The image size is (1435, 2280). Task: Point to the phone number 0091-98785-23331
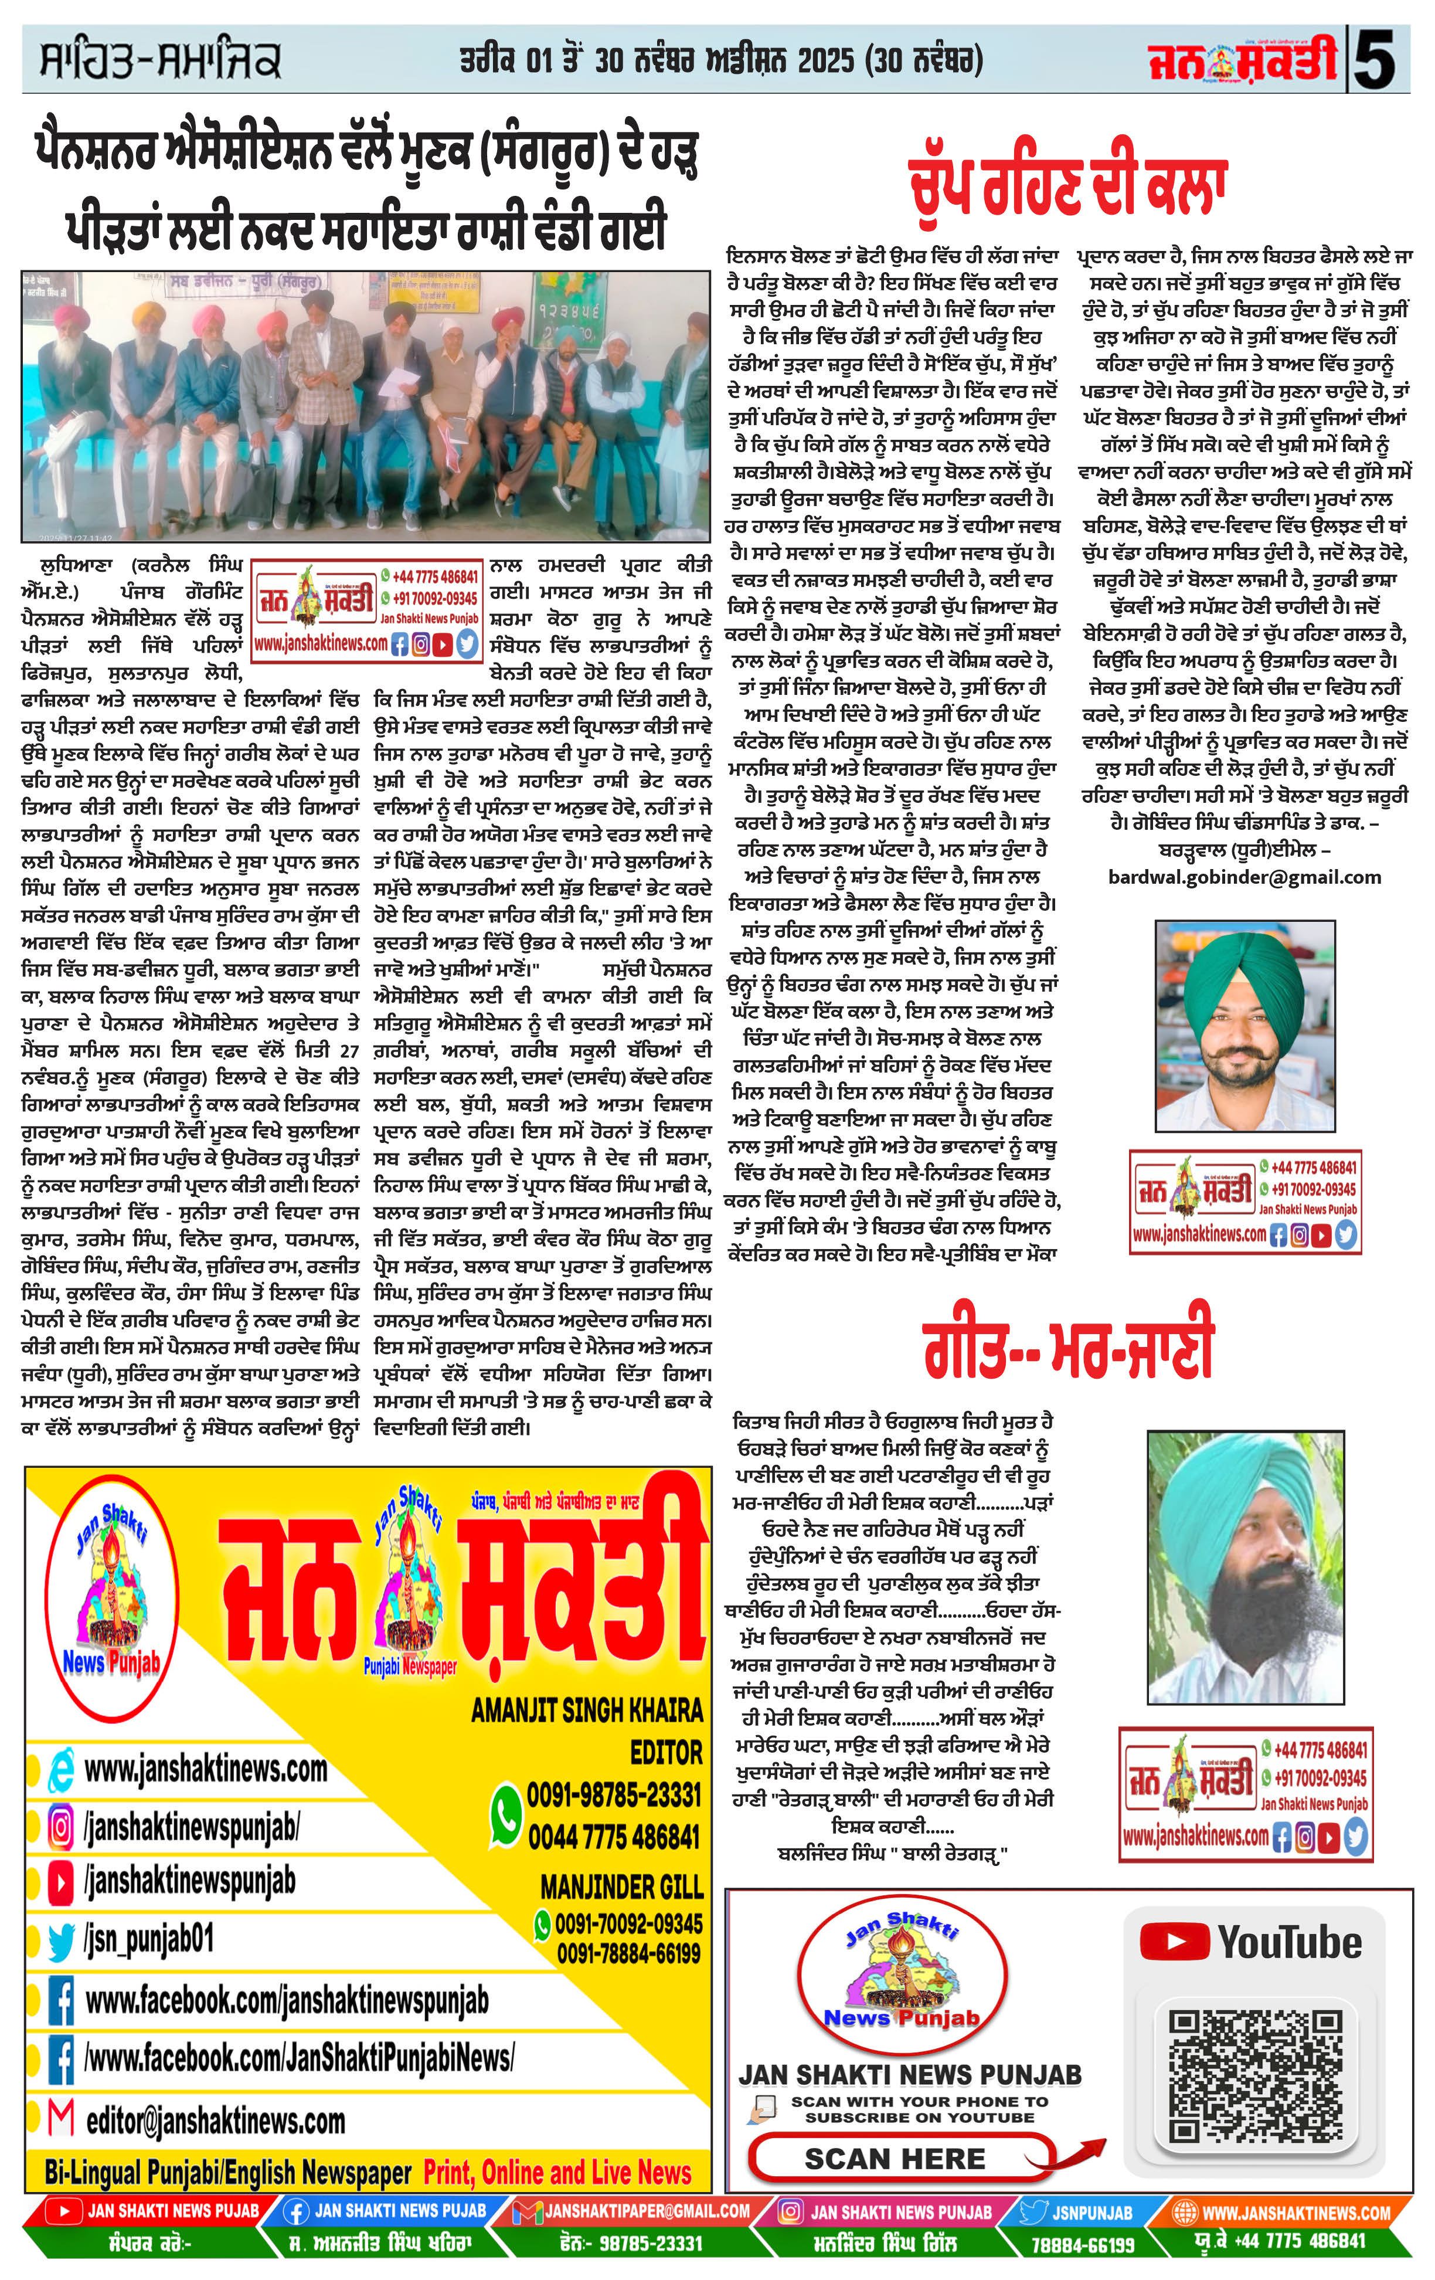coord(613,1794)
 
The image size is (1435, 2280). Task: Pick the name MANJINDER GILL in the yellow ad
coord(621,1887)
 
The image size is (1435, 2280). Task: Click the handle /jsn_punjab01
coord(149,1940)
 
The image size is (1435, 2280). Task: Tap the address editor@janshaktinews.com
coord(215,2121)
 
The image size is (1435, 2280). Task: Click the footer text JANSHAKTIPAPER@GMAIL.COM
coord(647,2211)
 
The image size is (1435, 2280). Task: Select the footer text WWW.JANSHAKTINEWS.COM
coord(1295,2213)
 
